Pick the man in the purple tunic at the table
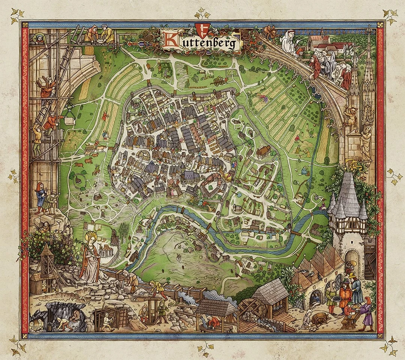pyautogui.click(x=366, y=312)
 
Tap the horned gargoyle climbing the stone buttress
pyautogui.click(x=351, y=116)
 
